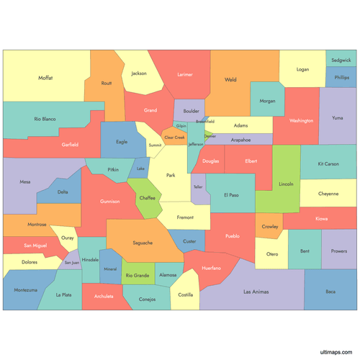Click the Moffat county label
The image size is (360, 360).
tap(45, 78)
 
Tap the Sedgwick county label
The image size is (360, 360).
tap(341, 60)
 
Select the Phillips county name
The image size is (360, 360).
tap(341, 78)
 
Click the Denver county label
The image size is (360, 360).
tap(210, 135)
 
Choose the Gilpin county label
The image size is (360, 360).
tap(181, 125)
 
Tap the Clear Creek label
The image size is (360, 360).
tap(174, 137)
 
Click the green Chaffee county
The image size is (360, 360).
tap(148, 197)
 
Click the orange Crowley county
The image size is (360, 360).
tap(270, 226)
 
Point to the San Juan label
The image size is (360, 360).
tap(72, 263)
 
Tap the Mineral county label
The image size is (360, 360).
tap(110, 269)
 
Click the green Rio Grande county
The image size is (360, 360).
tap(137, 275)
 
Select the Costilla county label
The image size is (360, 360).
tap(186, 294)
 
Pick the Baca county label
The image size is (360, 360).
tap(330, 292)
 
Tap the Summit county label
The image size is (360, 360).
tap(155, 145)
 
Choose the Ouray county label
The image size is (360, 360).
tap(67, 237)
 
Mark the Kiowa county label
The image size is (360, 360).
tap(321, 217)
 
